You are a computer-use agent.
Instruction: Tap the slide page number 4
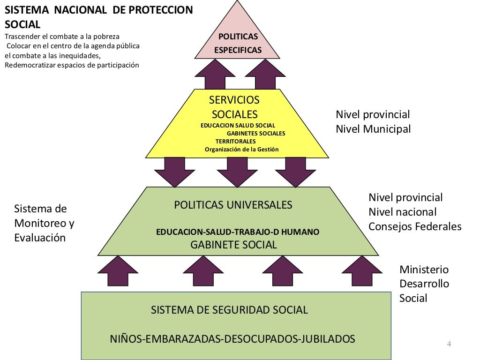[449, 344]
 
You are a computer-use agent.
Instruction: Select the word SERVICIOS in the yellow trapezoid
[234, 100]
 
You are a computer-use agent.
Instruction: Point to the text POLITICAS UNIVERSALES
[233, 205]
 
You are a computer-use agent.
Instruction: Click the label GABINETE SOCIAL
[233, 244]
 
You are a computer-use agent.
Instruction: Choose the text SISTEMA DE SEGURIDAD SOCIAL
[229, 309]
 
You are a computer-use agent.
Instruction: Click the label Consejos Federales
[415, 226]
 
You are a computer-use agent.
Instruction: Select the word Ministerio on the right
[424, 270]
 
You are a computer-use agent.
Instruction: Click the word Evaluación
[40, 238]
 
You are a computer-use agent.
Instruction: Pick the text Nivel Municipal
[373, 129]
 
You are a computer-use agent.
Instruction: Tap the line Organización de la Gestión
[241, 150]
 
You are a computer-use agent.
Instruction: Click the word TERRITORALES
[235, 141]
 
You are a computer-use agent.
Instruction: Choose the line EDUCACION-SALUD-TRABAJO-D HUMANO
[238, 232]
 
